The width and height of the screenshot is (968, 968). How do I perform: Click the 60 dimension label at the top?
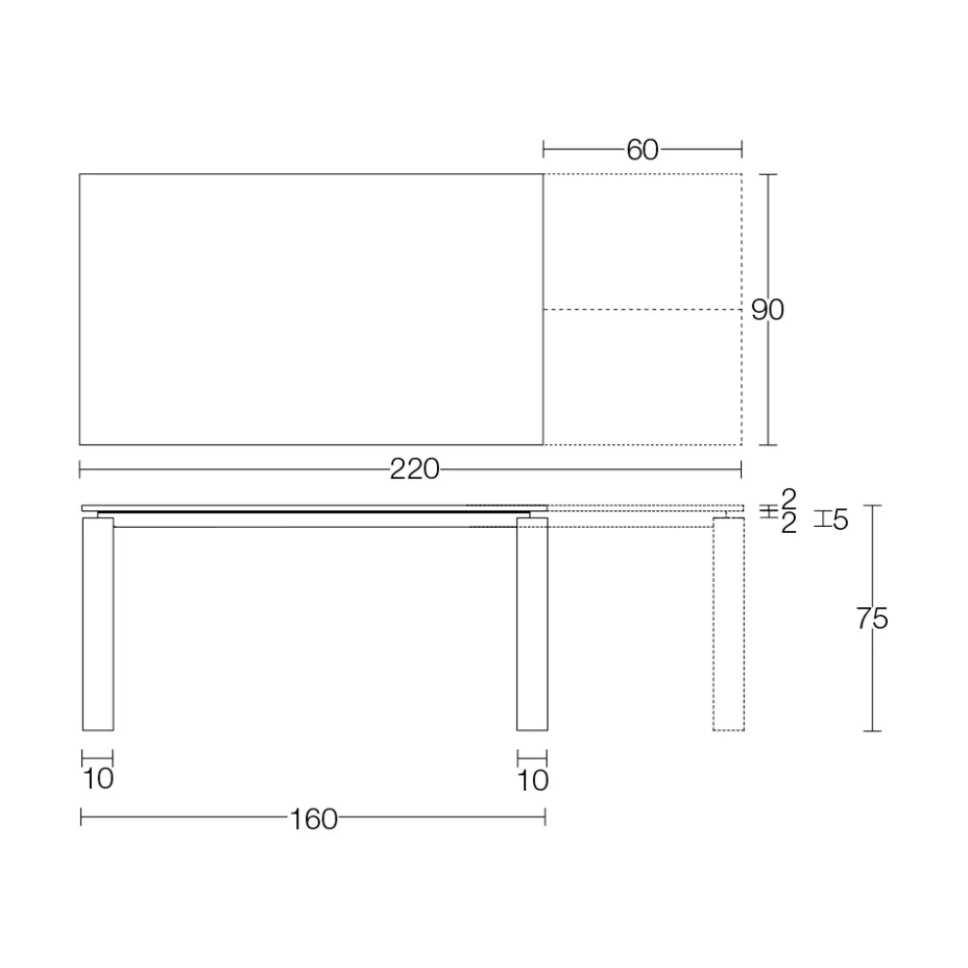click(642, 150)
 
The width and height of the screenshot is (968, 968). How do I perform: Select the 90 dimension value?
click(768, 310)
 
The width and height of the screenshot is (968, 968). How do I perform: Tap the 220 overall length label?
click(415, 469)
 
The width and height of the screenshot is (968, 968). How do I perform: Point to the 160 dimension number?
click(314, 819)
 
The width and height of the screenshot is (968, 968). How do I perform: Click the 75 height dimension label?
click(872, 618)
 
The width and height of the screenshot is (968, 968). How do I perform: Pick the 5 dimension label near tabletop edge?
click(840, 520)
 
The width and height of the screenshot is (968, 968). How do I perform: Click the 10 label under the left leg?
click(98, 779)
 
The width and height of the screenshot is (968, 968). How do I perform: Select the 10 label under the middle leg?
click(533, 781)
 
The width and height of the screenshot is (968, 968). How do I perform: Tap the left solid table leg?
click(98, 624)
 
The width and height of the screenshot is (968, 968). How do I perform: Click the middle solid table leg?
click(532, 624)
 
